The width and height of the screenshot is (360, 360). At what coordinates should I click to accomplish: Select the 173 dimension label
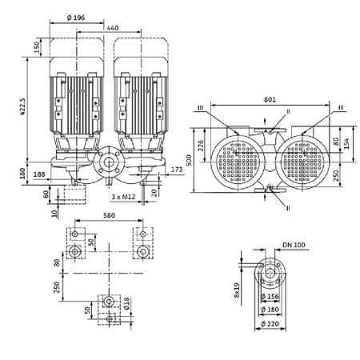point(177,169)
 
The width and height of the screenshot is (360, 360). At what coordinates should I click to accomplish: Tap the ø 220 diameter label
point(277,323)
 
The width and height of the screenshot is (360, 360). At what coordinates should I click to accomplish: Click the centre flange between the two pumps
point(109,167)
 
